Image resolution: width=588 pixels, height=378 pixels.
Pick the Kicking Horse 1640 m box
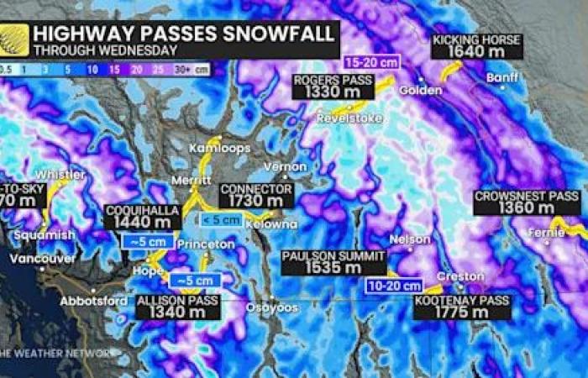(477, 46)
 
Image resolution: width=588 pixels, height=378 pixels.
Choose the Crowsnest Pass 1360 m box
(527, 202)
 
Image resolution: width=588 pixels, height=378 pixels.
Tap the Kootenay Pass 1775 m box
(462, 307)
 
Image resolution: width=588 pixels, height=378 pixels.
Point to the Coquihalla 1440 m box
(143, 217)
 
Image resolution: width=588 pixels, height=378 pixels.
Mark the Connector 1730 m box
(256, 196)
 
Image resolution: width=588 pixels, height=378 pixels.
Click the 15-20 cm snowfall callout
(370, 61)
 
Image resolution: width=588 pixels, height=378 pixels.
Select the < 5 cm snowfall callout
(221, 220)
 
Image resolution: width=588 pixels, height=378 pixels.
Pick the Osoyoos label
(272, 308)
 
